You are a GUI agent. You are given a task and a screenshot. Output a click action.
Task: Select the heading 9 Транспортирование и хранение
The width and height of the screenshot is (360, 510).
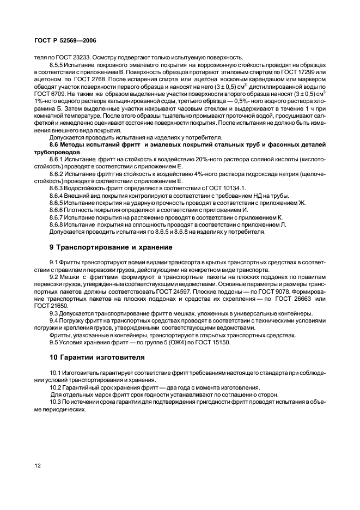pyautogui.click(x=111, y=247)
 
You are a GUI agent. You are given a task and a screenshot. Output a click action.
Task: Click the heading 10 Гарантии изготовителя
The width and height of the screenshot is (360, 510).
pyautogui.click(x=97, y=357)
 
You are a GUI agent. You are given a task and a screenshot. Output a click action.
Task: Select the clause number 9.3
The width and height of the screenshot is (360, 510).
pyautogui.click(x=54, y=313)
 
